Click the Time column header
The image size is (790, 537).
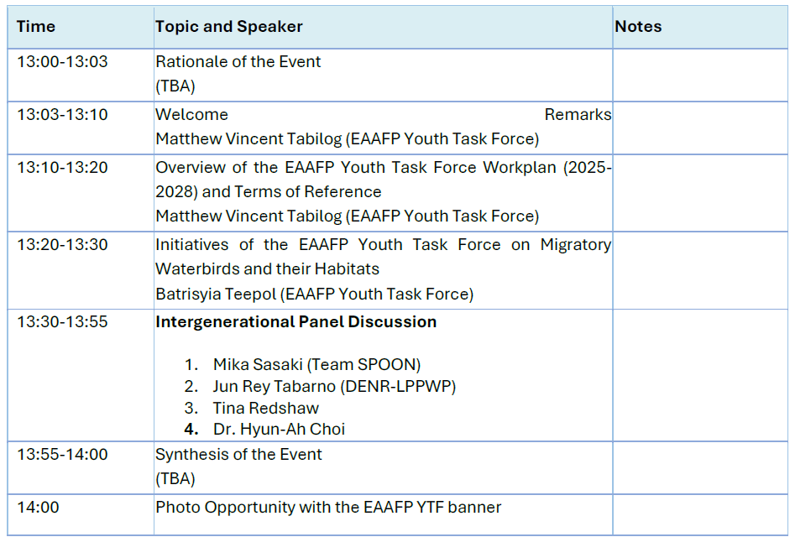tap(36, 26)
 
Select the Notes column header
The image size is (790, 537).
tap(638, 26)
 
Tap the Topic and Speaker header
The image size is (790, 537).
tap(228, 26)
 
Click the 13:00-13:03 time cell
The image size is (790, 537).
tap(62, 61)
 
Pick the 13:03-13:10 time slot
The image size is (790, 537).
tap(62, 114)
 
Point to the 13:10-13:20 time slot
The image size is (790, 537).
tap(62, 167)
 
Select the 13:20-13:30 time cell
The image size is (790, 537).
tap(62, 244)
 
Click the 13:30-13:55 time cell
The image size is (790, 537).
tap(62, 321)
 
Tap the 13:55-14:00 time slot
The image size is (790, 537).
tap(62, 454)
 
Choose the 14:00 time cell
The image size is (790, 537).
tap(39, 507)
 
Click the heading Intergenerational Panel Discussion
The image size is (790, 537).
tap(296, 321)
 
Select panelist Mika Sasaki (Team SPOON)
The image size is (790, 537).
tap(317, 364)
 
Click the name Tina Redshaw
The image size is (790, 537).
tap(266, 408)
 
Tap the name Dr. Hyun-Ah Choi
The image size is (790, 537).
tap(279, 429)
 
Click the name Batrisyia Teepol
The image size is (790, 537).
tap(216, 294)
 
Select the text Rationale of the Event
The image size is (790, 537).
tap(238, 61)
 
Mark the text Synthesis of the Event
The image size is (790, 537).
tap(238, 454)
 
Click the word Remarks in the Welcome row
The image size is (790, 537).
tap(578, 114)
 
